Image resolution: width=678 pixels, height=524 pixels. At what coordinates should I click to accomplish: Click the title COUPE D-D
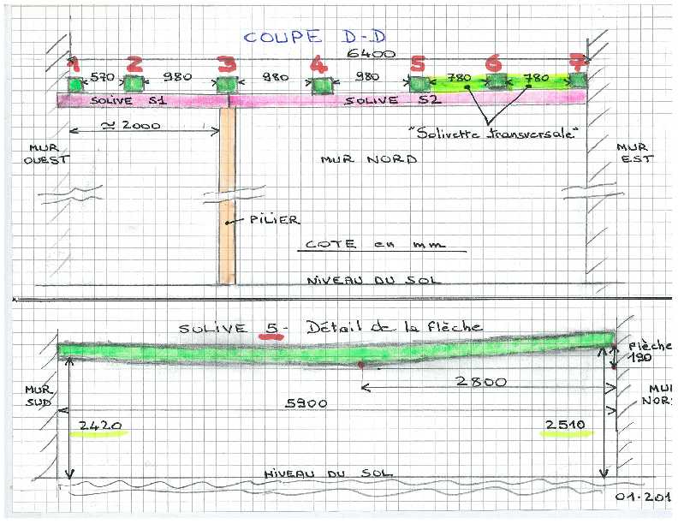click(x=296, y=37)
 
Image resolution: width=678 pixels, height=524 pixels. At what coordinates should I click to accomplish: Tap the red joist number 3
click(x=225, y=65)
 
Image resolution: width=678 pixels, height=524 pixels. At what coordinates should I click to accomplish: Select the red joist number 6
click(x=492, y=64)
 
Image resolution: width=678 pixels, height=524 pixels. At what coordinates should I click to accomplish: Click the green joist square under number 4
click(x=320, y=85)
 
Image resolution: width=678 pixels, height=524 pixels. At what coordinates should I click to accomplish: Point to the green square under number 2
click(x=134, y=83)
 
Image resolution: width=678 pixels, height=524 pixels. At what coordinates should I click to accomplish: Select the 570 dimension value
click(x=103, y=77)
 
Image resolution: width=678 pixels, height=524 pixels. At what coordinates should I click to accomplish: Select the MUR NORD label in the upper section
click(x=368, y=159)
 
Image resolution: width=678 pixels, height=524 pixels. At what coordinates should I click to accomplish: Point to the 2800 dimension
click(x=479, y=382)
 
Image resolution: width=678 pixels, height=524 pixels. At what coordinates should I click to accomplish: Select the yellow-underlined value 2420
click(x=102, y=425)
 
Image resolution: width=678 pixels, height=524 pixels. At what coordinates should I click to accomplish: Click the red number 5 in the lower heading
click(x=273, y=328)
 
